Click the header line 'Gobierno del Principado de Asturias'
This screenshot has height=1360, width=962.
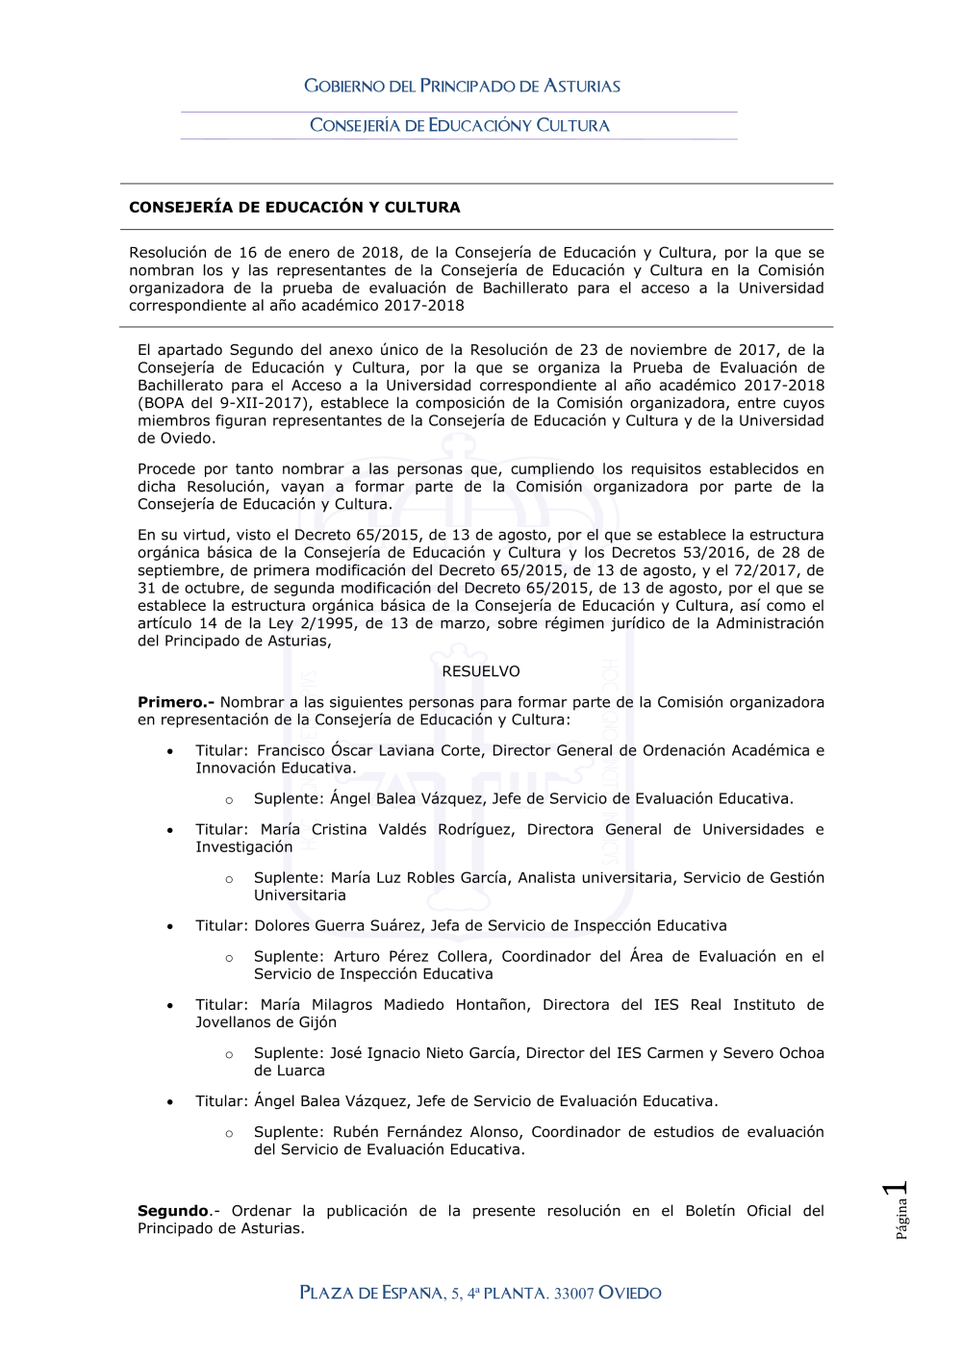pos(462,86)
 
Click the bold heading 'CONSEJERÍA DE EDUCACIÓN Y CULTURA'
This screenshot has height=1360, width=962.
pos(294,207)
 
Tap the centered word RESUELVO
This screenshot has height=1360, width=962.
pos(481,671)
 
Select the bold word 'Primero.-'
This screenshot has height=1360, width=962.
pos(176,702)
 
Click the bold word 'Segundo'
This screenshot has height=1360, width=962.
pos(173,1211)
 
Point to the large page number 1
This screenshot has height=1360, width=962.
pos(897,1190)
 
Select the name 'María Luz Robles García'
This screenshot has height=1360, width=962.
pos(418,877)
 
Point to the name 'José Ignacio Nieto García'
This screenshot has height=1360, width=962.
pos(423,1052)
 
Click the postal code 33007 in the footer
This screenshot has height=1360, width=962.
pos(573,1294)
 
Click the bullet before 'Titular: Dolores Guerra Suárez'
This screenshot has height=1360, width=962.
pos(170,926)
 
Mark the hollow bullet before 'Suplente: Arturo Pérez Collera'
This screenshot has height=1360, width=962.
pos(229,958)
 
